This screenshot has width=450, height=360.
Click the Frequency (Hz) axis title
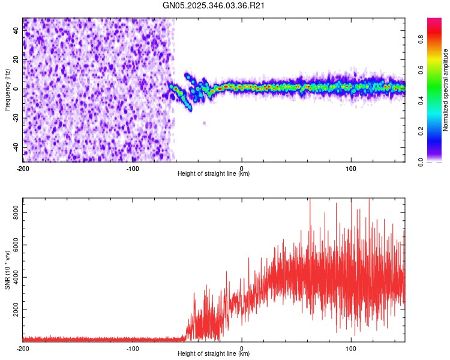point(7,90)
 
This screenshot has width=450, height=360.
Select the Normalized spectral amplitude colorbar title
point(446,90)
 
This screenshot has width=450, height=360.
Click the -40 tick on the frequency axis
point(15,147)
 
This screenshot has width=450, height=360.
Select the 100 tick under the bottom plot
point(352,348)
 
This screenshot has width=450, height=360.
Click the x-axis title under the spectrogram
point(214,174)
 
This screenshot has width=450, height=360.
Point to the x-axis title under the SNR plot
point(214,353)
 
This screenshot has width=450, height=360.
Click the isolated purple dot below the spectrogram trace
point(205,123)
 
